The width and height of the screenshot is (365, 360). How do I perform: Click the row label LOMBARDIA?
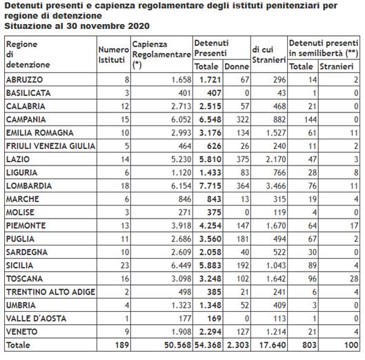click(x=29, y=186)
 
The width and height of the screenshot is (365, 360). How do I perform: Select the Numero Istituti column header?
click(x=114, y=54)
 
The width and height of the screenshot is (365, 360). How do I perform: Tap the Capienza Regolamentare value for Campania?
click(x=181, y=119)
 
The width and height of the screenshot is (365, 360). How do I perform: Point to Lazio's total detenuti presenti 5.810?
click(x=210, y=159)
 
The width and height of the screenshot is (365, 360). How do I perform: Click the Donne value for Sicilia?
click(x=243, y=266)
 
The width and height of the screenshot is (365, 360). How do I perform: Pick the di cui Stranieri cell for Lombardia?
click(x=275, y=186)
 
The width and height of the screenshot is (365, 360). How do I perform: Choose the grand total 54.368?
click(x=208, y=345)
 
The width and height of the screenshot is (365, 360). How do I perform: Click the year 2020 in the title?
click(x=139, y=26)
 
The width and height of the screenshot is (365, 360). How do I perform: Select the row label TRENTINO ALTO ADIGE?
click(x=51, y=292)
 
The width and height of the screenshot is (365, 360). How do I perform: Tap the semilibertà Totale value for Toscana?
click(x=312, y=279)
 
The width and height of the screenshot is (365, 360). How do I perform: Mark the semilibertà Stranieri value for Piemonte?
click(x=354, y=226)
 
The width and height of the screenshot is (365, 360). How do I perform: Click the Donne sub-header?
click(x=237, y=67)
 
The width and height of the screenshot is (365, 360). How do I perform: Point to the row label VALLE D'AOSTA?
click(x=36, y=319)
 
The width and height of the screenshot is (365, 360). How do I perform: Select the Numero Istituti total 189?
click(x=122, y=345)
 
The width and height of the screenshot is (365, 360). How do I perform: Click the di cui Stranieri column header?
click(x=269, y=54)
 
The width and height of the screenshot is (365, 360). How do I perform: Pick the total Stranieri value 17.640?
click(x=273, y=345)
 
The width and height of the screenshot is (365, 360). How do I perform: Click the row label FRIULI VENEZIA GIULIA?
click(x=51, y=146)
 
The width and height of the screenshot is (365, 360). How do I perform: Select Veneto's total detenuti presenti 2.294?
click(x=210, y=332)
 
